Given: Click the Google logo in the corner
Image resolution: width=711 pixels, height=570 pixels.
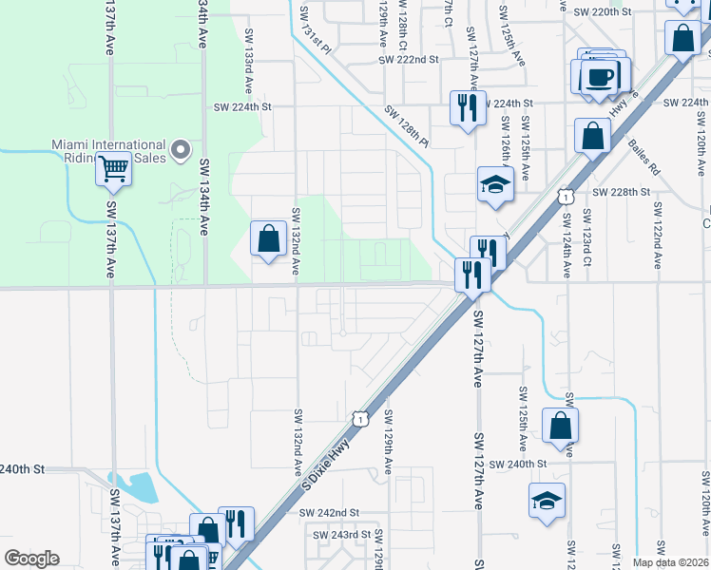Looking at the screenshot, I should click(32, 559).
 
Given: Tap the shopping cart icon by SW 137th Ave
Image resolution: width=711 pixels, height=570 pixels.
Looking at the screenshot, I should click(113, 169).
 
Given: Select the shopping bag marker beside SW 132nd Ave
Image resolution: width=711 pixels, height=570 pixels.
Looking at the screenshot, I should click(269, 237).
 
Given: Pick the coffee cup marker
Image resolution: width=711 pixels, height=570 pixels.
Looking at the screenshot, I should click(599, 76).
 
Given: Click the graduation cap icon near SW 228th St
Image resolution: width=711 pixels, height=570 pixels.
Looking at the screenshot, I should click(495, 183).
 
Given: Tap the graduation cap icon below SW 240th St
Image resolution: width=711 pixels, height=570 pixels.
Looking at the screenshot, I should click(547, 501).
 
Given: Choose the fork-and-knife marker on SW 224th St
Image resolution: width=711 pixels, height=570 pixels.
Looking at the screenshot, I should click(467, 107).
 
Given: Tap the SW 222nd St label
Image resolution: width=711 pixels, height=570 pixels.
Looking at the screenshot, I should click(408, 59).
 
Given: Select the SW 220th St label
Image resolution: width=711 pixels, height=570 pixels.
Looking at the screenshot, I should click(603, 11).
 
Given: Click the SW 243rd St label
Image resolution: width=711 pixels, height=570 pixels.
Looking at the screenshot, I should click(343, 535).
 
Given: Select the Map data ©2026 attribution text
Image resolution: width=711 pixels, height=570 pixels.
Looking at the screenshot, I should click(670, 562).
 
